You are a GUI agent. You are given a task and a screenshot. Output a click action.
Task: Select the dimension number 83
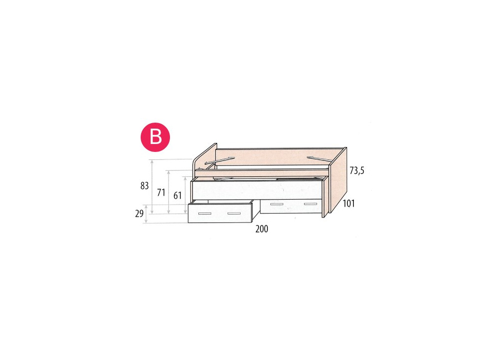pos(145,186)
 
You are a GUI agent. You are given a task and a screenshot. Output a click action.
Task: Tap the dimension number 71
pos(161,193)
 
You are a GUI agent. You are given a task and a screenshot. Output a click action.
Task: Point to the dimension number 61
pos(176,195)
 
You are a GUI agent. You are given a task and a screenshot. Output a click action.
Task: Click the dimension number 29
pos(139,214)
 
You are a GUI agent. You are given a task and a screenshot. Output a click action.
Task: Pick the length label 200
pos(261,229)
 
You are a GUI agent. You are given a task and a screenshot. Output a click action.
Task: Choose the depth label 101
pos(348,203)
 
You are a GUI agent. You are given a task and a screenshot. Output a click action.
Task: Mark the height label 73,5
pos(357,170)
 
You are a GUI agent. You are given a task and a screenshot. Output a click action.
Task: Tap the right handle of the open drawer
pos(234,213)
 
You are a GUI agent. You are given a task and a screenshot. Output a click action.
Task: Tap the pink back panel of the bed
pos(278,156)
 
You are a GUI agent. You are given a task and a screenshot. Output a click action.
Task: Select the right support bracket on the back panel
pos(318,159)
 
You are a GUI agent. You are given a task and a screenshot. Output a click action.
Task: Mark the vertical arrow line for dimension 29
pos(147,214)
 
